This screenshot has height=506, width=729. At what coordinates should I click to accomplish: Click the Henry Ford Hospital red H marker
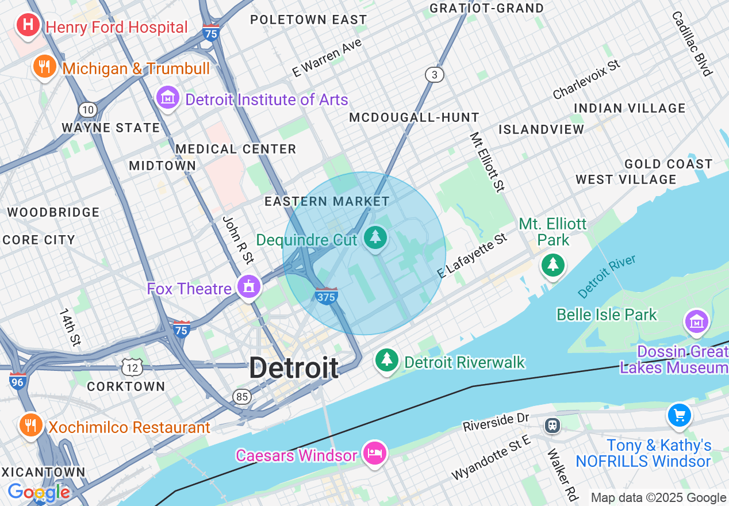[x=28, y=26]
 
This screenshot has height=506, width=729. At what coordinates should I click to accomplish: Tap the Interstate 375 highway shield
[x=326, y=296]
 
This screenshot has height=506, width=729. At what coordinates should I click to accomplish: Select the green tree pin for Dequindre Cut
[x=375, y=237]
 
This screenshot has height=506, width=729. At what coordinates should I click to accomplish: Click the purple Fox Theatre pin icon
[x=248, y=286]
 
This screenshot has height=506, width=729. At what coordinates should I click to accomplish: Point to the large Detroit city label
[x=294, y=368]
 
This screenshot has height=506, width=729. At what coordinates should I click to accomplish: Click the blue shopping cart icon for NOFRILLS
[x=679, y=415]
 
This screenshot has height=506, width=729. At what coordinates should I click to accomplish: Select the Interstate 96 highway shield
[x=18, y=381]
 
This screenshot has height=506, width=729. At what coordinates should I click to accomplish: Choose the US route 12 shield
[x=132, y=366]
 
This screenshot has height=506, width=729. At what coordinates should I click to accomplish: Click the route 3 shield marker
[x=435, y=74]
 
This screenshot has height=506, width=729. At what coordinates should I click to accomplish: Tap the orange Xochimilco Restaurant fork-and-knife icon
[x=30, y=425]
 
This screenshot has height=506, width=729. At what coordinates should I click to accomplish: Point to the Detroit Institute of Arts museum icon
[x=168, y=98]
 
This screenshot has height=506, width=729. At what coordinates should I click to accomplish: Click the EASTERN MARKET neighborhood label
[x=327, y=201]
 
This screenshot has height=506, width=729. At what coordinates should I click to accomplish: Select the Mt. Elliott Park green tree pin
[x=552, y=264]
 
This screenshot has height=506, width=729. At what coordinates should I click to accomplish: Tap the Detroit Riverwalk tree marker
[x=387, y=361]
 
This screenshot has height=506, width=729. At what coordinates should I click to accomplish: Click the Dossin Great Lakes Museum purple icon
[x=697, y=321]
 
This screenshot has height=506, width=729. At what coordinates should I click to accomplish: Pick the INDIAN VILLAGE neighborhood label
[x=630, y=108]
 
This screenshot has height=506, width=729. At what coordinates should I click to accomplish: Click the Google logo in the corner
[x=38, y=492]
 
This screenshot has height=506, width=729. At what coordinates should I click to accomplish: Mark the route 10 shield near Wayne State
[x=87, y=109]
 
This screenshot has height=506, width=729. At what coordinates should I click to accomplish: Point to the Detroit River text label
[x=607, y=277]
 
